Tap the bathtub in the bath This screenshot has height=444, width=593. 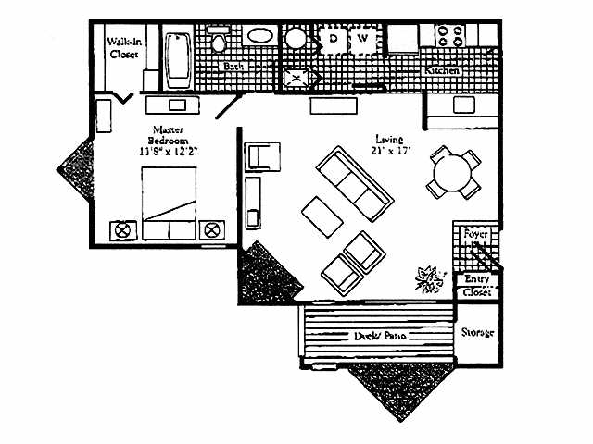178,54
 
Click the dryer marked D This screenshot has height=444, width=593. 334,40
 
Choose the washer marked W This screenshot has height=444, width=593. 364,40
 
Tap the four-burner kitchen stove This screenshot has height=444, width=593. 450,36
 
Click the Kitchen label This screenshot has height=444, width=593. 442,70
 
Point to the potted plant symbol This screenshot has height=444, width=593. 429,277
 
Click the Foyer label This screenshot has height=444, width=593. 476,234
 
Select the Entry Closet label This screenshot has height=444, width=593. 477,285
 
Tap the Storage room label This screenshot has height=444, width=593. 477,332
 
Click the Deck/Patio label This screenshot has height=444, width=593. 375,337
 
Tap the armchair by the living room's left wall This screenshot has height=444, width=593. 262,156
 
